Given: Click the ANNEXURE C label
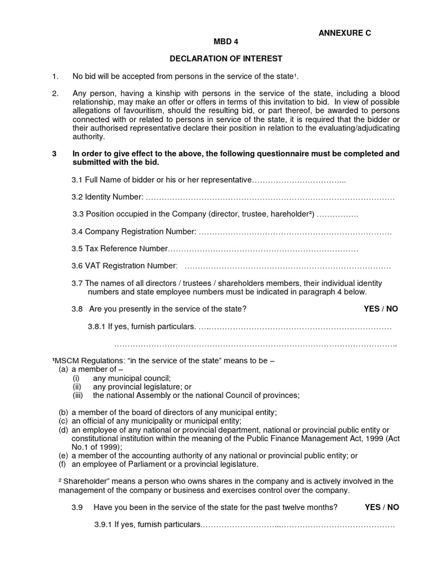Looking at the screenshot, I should click(345, 33).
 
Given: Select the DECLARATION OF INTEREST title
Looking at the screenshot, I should click(226, 58).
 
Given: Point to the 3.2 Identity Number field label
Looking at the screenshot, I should click(107, 197).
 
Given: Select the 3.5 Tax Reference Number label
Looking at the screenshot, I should click(120, 248).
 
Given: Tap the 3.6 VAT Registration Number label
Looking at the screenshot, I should click(124, 266).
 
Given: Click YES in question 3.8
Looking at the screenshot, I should click(372, 309).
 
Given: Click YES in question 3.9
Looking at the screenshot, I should click(373, 507).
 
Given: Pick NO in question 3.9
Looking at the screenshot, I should click(393, 507).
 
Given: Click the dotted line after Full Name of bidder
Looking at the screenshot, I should click(299, 180).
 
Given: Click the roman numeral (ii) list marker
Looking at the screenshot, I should click(77, 387).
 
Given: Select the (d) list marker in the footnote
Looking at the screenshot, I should click(63, 430).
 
